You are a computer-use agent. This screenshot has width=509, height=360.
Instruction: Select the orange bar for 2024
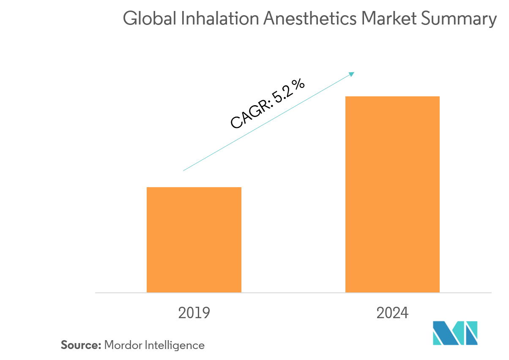tap(392, 194)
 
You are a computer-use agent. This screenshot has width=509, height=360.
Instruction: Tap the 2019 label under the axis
tap(194, 313)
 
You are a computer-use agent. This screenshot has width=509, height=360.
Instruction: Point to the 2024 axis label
tap(392, 313)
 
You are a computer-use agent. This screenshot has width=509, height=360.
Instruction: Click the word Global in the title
tap(148, 19)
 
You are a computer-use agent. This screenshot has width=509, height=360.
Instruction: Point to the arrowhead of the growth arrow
tap(352, 74)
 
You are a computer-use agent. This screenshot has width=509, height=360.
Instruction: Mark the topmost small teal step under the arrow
tap(251, 132)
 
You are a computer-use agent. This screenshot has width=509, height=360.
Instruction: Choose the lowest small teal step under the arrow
tap(218, 151)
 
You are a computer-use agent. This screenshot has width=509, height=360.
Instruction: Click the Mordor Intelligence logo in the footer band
tap(454, 334)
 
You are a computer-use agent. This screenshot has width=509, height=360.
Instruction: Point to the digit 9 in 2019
tap(205, 313)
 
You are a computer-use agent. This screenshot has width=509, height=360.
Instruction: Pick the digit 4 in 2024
tap(404, 313)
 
